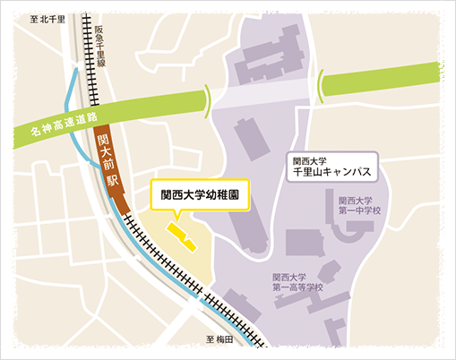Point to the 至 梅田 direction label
click(x=219, y=339)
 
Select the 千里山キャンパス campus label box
click(x=331, y=169)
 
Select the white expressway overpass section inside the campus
click(x=264, y=92)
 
